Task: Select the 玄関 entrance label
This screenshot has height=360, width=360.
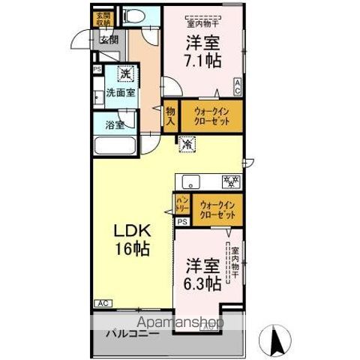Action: pos(108,40)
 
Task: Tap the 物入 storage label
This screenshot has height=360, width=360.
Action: pos(170,116)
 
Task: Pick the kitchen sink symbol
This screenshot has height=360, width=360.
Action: pos(191,181)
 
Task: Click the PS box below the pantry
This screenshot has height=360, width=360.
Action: pos(181,222)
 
